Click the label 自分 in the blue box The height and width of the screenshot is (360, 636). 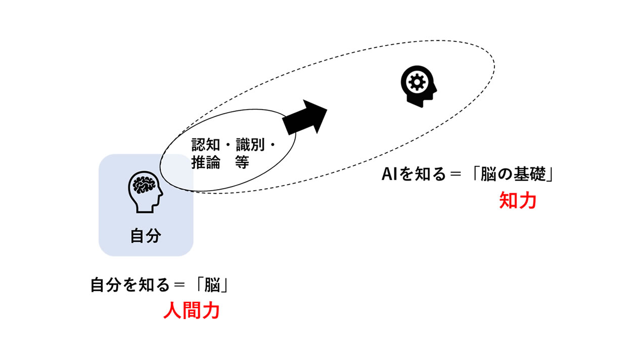click(x=146, y=236)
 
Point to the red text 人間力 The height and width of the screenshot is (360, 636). click(x=191, y=310)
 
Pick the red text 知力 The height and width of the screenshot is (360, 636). click(x=517, y=201)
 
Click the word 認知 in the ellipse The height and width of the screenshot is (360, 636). click(x=206, y=146)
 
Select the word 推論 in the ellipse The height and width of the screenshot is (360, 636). click(x=206, y=163)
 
